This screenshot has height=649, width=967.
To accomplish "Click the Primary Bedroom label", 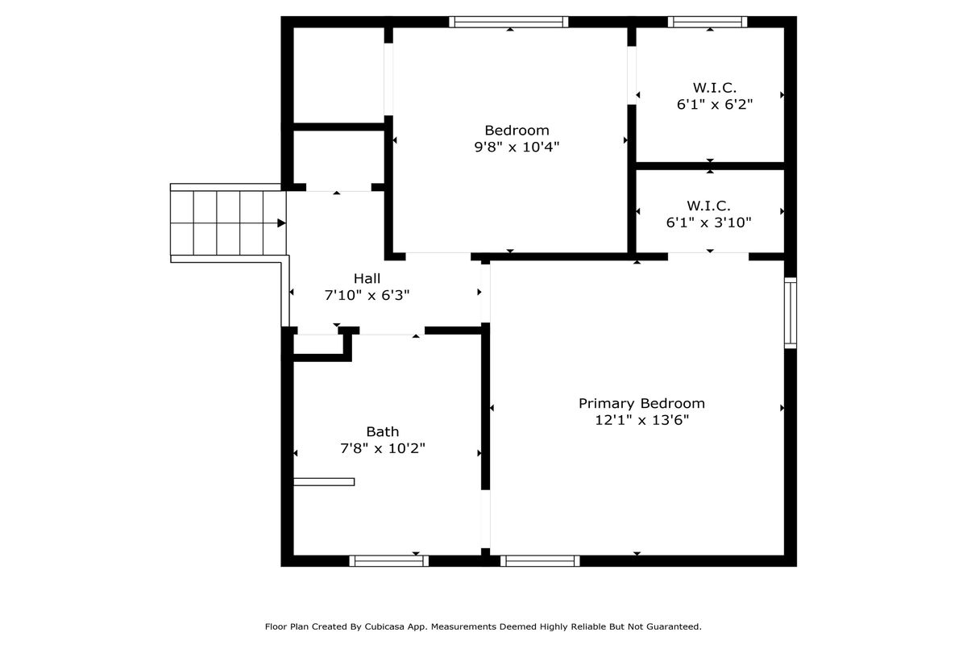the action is coord(641,404).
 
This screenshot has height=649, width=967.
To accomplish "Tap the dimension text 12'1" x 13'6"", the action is coord(642,420).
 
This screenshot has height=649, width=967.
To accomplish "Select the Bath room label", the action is coord(383,432).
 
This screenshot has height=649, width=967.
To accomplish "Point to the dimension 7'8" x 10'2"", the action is coord(383,448).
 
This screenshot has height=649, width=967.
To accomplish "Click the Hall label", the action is coord(367,278).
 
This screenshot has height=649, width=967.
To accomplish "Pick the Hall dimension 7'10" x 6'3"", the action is coord(367,295).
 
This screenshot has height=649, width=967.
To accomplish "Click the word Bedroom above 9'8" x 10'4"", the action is coord(517,131).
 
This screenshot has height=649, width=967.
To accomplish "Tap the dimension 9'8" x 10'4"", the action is coord(517,148).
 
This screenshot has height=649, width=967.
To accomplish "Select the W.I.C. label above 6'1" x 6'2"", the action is coord(715,88).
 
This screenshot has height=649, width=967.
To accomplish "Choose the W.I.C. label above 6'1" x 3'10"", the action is coord(708,205).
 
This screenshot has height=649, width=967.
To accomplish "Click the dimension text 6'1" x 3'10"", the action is coord(709,223).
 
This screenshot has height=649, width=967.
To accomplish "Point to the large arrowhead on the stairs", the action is coord(281,223).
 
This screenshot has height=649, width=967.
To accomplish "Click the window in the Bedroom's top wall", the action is coord(508,22).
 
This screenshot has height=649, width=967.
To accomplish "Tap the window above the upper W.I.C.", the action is coord(708,22).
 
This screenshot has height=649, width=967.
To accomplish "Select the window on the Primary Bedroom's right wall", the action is coord(791,313).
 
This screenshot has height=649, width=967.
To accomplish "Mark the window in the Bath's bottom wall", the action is coord(389,561).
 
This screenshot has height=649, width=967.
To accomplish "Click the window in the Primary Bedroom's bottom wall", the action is coord(540,561).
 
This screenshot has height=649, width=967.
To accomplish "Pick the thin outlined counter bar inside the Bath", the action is coord(324,482).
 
